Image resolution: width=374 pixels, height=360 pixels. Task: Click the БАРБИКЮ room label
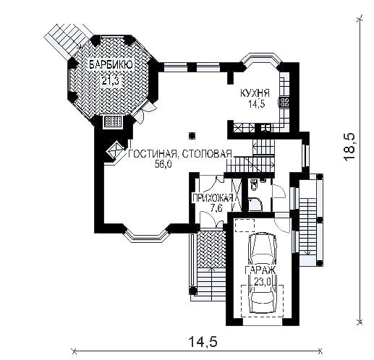111,65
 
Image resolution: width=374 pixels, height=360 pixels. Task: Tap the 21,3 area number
110,80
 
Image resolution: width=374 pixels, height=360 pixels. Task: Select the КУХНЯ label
255,93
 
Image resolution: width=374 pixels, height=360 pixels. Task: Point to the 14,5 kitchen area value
257,104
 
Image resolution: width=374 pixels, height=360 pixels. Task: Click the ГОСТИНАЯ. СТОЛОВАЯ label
179,154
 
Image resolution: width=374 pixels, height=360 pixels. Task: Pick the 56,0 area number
163,164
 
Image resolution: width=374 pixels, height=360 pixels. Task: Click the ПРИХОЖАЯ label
213,198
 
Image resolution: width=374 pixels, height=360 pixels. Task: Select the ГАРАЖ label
260,270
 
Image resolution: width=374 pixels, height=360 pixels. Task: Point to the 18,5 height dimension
349,147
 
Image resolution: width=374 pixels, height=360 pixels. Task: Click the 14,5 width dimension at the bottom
203,342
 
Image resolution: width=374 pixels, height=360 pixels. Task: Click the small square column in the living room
192,136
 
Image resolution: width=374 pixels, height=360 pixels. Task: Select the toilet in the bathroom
255,184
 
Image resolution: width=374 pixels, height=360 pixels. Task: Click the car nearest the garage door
263,299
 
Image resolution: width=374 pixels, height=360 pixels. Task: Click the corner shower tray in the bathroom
255,205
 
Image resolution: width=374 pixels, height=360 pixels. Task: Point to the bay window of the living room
147,234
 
